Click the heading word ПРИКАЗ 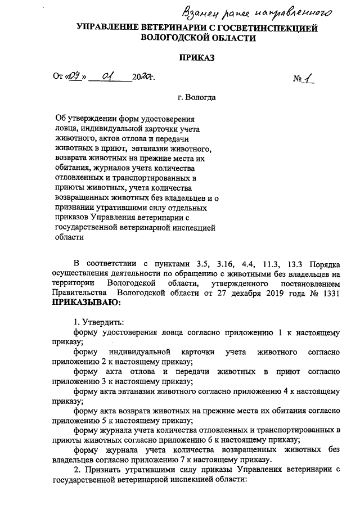[197, 57]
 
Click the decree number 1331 [330, 293]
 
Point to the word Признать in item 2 [102, 470]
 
